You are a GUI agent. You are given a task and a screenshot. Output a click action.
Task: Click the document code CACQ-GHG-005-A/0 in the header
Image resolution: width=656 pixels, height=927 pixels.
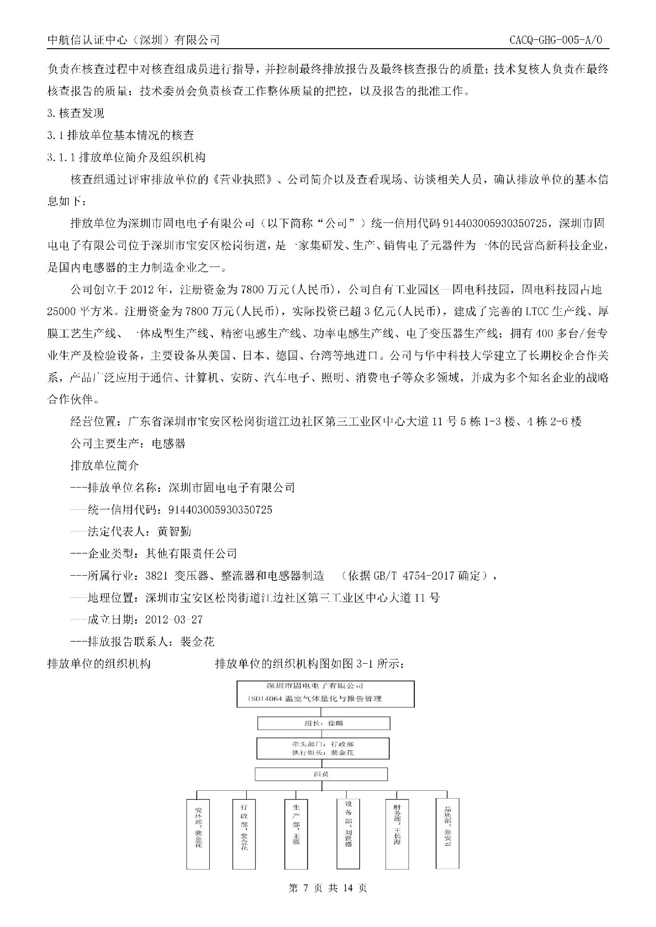(555, 40)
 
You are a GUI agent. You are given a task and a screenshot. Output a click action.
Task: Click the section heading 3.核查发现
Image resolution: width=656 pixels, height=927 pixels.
(76, 113)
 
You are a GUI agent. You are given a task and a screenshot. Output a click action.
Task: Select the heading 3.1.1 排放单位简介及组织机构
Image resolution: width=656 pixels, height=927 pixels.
(126, 158)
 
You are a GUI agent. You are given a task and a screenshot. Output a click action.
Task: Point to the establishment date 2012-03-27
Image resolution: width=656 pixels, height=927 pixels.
(174, 620)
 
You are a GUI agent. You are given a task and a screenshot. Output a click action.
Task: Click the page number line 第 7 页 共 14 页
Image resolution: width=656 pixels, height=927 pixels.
(328, 888)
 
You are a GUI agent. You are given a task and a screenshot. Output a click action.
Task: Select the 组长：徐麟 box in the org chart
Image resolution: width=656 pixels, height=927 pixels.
(324, 723)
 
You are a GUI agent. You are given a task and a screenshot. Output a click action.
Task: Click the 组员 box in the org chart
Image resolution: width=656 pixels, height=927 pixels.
(321, 774)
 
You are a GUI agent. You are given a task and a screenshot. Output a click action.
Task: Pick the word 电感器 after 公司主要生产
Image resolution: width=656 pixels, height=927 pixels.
(169, 444)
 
